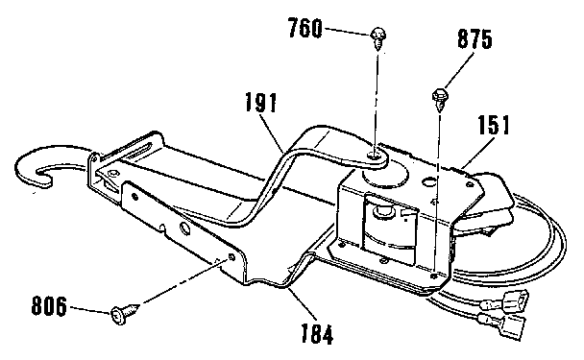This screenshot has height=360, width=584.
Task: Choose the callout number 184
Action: tap(317, 335)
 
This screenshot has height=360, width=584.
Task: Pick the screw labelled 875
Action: tap(441, 95)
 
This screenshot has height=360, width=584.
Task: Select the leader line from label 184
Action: tap(293, 302)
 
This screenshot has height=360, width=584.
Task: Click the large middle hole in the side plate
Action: tap(183, 228)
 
